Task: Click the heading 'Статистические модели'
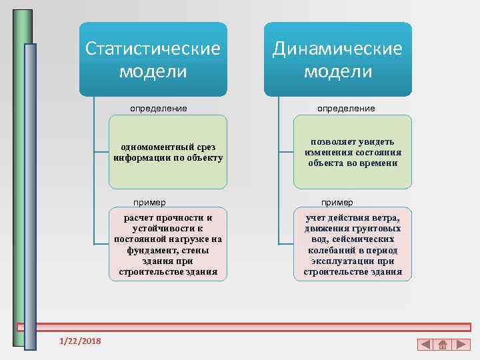pos(153,59)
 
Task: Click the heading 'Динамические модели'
pos(337,59)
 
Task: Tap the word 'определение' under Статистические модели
pos(158,108)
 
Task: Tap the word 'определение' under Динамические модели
pos(346,108)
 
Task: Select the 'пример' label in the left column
pos(149,202)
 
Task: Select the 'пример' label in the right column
pos(337,202)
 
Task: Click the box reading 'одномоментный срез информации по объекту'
pos(168,152)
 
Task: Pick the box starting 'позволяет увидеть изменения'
pos(353,152)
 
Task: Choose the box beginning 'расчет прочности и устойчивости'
pos(168,244)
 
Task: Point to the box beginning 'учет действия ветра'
pos(353,244)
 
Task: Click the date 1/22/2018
pos(80,341)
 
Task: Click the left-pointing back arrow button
pos(425,345)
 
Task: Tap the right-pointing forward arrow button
pos(460,345)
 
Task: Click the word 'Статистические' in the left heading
pos(153,49)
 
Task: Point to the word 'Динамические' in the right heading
pos(337,49)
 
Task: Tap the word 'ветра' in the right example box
pos(385,218)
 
